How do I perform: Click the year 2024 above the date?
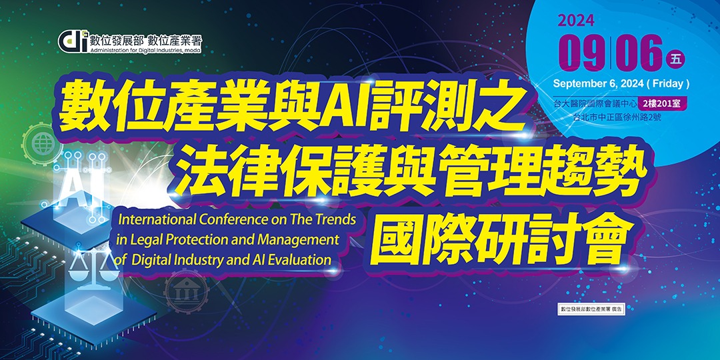(x=577, y=21)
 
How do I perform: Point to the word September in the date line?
(x=579, y=84)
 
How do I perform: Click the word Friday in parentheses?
(x=668, y=84)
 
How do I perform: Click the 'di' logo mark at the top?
(x=71, y=41)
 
